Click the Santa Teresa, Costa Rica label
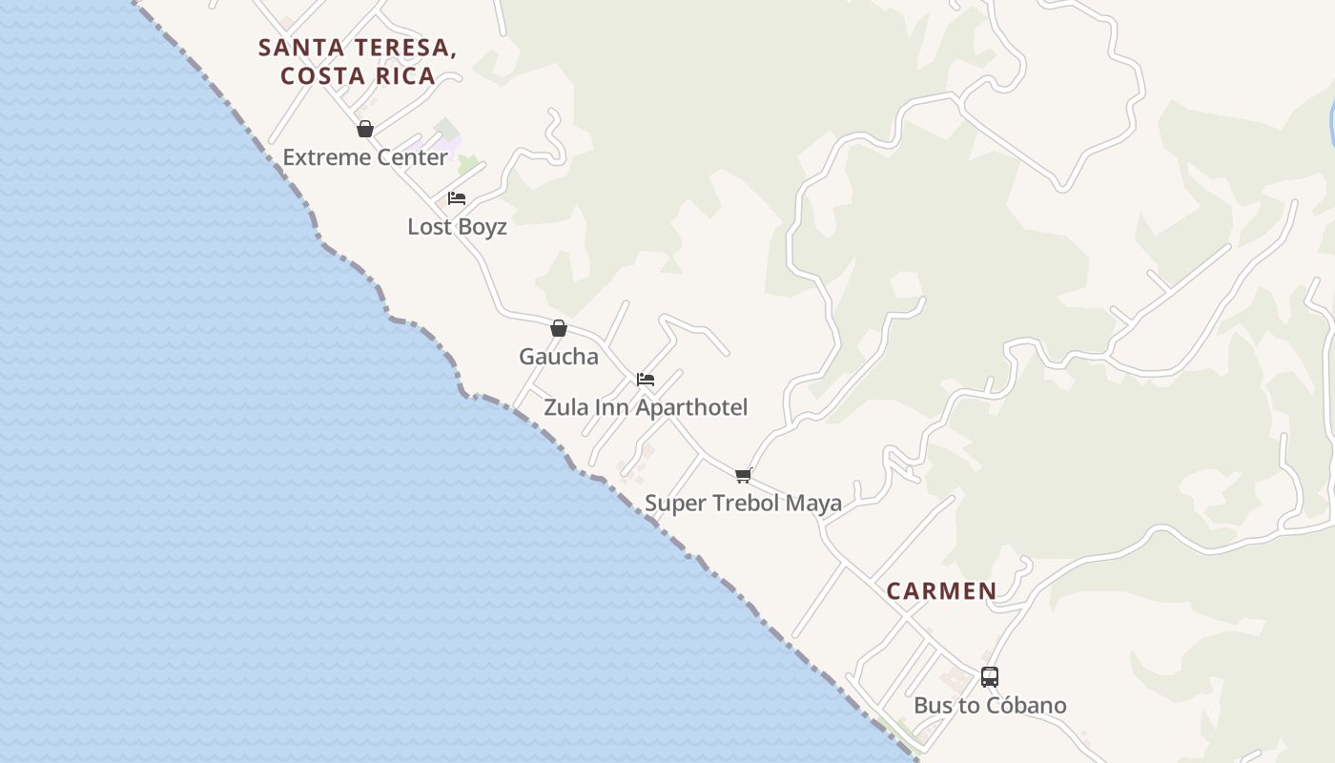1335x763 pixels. tap(358, 61)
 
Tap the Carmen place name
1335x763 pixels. tap(941, 591)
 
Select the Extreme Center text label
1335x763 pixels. tap(365, 157)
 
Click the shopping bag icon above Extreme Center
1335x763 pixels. tap(365, 129)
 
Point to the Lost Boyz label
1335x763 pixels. tap(457, 227)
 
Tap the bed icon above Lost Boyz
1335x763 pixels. tap(457, 198)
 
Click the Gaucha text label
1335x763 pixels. tap(559, 357)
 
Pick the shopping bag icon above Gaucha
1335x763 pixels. tap(559, 328)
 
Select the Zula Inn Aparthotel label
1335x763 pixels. tap(646, 407)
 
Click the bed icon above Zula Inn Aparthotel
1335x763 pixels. tap(646, 380)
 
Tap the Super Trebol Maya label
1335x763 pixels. tap(743, 503)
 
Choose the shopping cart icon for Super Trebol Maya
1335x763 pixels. tap(743, 475)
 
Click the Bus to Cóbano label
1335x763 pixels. tap(990, 706)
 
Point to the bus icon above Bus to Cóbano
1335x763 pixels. tap(990, 677)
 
